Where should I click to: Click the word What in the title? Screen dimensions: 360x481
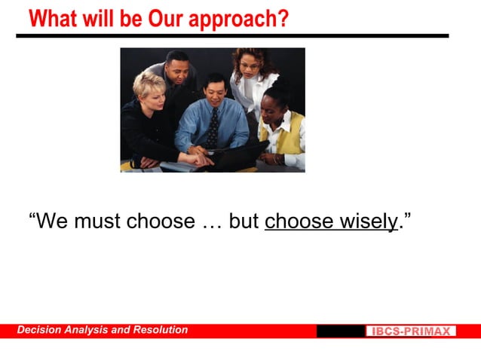pyautogui.click(x=54, y=18)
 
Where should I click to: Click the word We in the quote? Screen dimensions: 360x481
pyautogui.click(x=51, y=221)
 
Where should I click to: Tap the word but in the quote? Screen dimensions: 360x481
pyautogui.click(x=244, y=221)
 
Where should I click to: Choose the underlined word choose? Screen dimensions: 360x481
pyautogui.click(x=299, y=221)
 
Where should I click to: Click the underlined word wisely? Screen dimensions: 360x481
pyautogui.click(x=368, y=221)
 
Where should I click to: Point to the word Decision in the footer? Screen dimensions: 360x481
pyautogui.click(x=41, y=330)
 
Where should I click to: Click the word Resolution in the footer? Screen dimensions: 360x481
pyautogui.click(x=161, y=330)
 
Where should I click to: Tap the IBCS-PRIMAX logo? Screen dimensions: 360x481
pyautogui.click(x=411, y=331)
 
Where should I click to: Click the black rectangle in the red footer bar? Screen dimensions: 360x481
pyautogui.click(x=340, y=331)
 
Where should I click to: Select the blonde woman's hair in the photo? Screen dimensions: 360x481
pyautogui.click(x=148, y=84)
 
